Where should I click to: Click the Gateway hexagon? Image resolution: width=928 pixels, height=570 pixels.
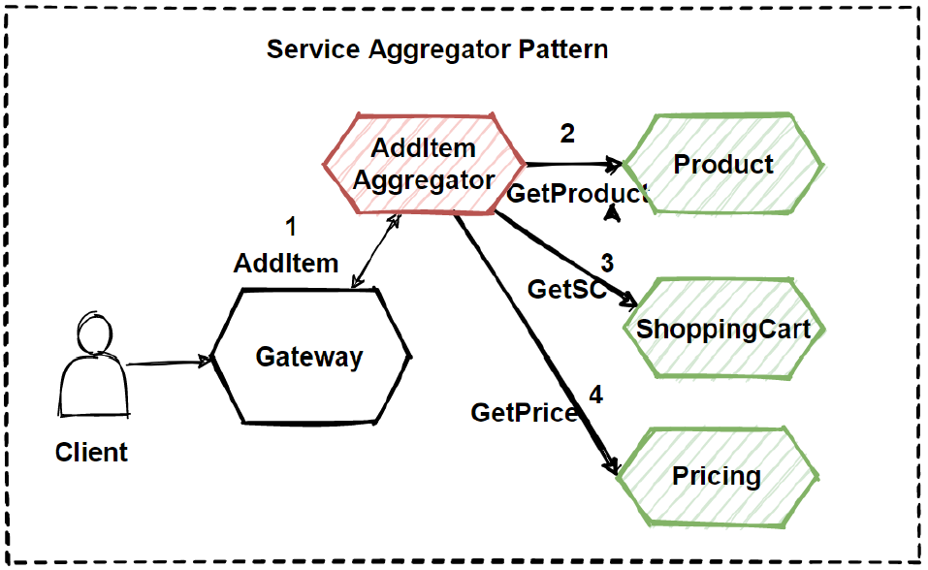(308, 357)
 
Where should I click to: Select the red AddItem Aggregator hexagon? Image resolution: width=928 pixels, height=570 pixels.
(424, 164)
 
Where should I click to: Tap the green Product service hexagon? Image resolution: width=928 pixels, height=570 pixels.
(723, 164)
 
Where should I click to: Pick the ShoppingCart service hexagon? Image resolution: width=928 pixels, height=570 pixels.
(723, 329)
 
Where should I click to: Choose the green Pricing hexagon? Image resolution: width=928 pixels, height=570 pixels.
(717, 476)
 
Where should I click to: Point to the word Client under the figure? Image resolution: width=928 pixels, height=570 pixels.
(91, 452)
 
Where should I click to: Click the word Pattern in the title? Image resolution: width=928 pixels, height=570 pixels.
(561, 48)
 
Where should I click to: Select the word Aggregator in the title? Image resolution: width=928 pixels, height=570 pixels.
(440, 48)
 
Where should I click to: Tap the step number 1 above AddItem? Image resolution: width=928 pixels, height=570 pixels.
(290, 228)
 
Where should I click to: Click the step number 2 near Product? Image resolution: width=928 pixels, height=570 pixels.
(567, 133)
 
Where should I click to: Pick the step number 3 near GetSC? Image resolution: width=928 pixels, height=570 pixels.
(606, 263)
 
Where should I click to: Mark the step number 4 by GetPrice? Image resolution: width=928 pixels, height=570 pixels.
(595, 395)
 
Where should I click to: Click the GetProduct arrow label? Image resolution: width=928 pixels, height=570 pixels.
(576, 193)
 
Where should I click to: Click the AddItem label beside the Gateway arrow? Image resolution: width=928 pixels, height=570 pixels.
(286, 263)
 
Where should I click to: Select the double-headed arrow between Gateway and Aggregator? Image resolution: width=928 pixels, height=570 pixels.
(376, 251)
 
